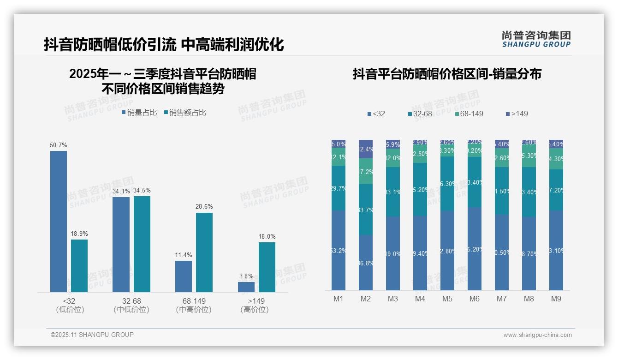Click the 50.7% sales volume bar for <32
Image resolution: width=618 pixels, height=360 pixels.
[59, 222]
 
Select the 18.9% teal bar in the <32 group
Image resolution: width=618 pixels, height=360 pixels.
[79, 266]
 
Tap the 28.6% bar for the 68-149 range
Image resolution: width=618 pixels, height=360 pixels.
[204, 252]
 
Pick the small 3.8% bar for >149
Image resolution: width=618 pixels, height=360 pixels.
[246, 287]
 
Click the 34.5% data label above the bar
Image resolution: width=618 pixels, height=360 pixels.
[142, 190]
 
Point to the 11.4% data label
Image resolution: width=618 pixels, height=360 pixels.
[184, 255]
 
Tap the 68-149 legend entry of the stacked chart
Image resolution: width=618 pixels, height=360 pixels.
[469, 114]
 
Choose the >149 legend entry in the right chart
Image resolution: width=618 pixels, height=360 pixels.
[517, 114]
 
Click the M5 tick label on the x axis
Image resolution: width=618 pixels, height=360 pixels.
[447, 299]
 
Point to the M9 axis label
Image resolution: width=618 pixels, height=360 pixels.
[556, 299]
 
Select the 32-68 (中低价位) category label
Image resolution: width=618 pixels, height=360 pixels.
[131, 305]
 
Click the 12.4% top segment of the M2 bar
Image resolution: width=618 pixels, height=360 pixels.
[366, 149]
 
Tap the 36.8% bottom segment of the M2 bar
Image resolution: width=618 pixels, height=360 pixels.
[366, 263]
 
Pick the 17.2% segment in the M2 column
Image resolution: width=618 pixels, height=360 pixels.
[366, 171]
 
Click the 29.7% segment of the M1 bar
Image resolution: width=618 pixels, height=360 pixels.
[339, 188]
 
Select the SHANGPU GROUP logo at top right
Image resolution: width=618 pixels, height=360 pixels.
[536, 39]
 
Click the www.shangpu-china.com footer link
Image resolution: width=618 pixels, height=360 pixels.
[537, 335]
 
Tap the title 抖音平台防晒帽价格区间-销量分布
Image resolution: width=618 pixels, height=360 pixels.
[447, 74]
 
